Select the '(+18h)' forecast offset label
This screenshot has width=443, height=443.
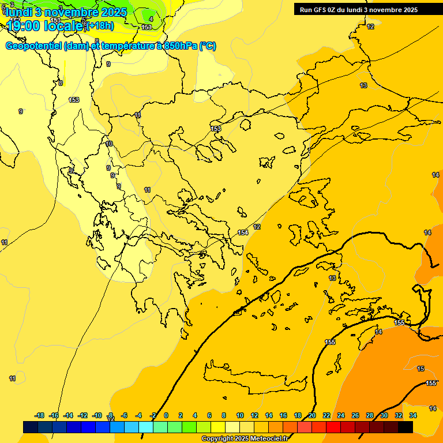[100, 25]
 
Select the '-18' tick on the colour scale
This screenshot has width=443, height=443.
[40, 415]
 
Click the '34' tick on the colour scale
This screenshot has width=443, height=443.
[413, 415]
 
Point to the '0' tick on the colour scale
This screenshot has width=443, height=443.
[166, 415]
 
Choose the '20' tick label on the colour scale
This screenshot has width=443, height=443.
[312, 415]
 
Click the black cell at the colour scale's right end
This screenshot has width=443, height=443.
[406, 427]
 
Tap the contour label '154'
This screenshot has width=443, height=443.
[243, 232]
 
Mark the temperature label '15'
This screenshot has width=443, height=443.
[421, 369]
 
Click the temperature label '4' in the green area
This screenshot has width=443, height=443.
[151, 19]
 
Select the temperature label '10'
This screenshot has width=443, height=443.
[109, 144]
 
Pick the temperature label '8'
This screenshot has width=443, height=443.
[60, 83]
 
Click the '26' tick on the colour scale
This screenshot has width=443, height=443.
[355, 415]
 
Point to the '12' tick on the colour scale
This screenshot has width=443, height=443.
[254, 415]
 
